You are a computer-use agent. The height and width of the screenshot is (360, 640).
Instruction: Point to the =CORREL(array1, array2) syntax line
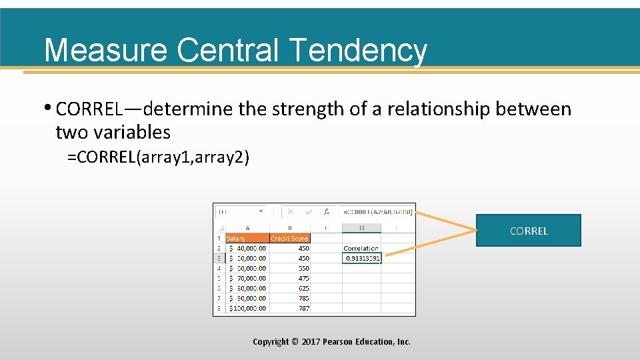pyautogui.click(x=158, y=158)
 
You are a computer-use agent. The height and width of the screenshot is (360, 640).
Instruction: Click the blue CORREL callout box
pyautogui.click(x=528, y=231)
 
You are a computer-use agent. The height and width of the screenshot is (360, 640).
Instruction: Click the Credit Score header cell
pyautogui.click(x=289, y=238)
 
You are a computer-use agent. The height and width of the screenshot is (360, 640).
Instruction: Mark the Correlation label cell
pyautogui.click(x=361, y=248)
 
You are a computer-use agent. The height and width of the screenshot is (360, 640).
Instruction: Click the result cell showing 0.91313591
pyautogui.click(x=362, y=258)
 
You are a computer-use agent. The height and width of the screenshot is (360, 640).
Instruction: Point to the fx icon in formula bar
pyautogui.click(x=326, y=212)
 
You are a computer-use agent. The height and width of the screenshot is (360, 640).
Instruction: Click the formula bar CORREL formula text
pyautogui.click(x=377, y=212)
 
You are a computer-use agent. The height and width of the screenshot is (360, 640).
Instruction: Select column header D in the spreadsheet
pyautogui.click(x=361, y=227)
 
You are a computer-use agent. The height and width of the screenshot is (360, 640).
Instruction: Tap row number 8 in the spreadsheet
pyautogui.click(x=219, y=308)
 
